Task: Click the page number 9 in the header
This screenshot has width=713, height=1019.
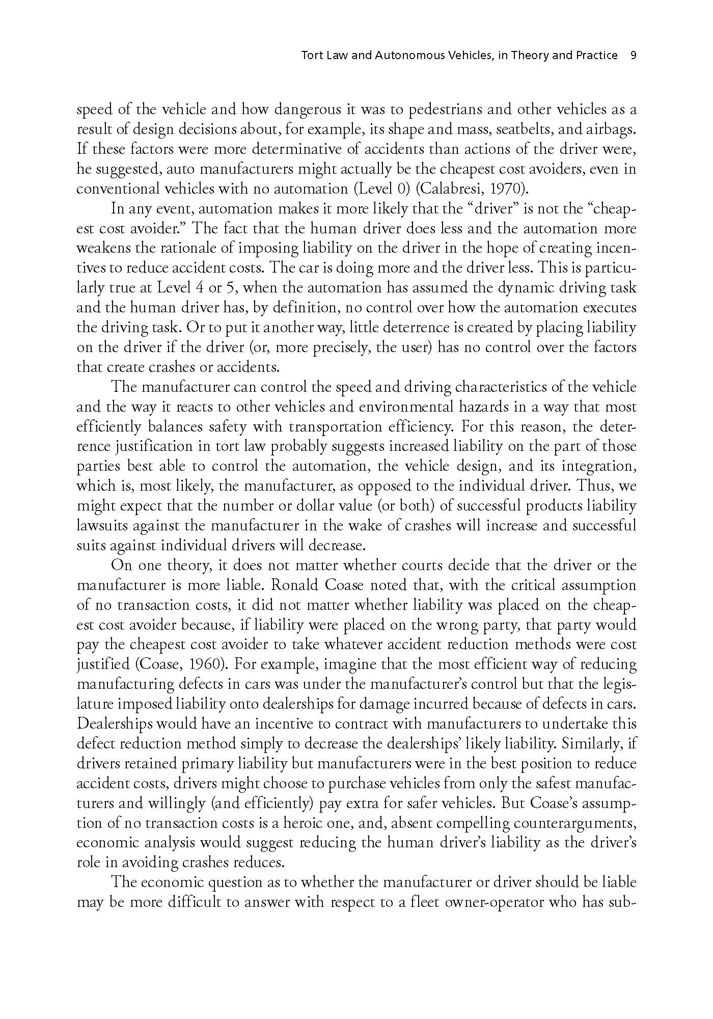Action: pyautogui.click(x=634, y=55)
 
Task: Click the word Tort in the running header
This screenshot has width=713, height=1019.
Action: pyautogui.click(x=310, y=55)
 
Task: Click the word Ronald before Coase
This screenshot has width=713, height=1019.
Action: pyautogui.click(x=298, y=585)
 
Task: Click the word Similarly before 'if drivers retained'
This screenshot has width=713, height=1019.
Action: pyautogui.click(x=593, y=744)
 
